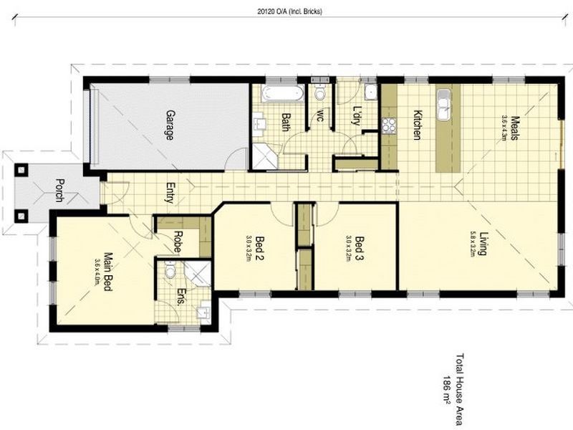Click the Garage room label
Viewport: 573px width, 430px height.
click(170, 125)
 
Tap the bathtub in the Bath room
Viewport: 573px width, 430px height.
click(281, 93)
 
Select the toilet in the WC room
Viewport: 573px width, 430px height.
click(319, 93)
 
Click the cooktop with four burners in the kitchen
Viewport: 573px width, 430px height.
click(390, 125)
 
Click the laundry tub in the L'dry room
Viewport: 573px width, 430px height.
click(368, 93)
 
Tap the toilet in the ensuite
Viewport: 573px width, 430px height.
click(169, 272)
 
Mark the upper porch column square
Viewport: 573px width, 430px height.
click(21, 170)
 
